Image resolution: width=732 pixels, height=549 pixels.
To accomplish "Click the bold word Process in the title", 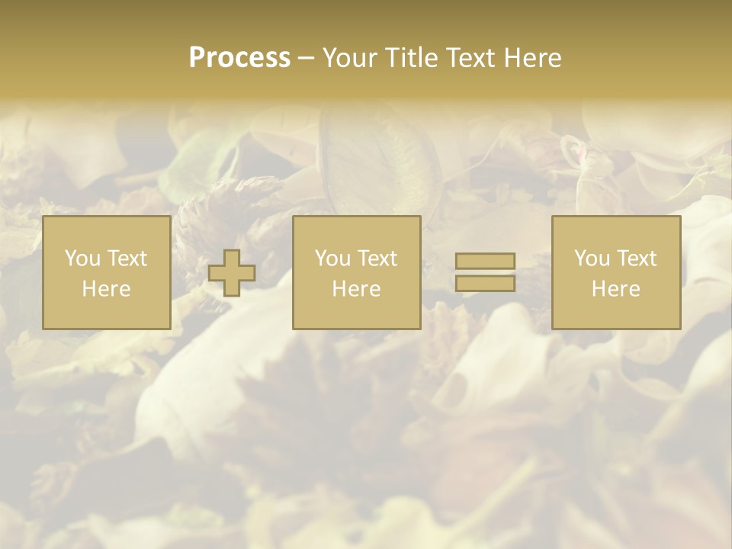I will (x=239, y=58).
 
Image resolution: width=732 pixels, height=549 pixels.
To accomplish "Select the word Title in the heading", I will (x=410, y=58).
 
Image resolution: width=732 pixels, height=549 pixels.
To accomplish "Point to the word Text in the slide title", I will (x=471, y=58).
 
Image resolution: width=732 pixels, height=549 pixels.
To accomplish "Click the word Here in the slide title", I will (x=533, y=58).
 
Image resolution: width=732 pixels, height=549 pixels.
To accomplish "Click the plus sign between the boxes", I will (x=232, y=272).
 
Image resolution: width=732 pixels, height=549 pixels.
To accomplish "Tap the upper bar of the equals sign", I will (x=485, y=261).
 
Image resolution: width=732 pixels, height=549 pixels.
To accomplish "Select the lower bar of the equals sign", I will (x=485, y=283).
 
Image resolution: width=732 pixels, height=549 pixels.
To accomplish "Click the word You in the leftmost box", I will (x=82, y=258).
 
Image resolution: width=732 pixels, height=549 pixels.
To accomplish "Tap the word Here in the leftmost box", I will (x=107, y=289).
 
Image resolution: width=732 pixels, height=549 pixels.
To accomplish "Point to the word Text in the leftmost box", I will (x=127, y=258).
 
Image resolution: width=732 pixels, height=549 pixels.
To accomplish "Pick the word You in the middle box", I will (x=332, y=258).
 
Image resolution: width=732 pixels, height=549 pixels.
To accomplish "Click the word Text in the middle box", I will (x=377, y=258).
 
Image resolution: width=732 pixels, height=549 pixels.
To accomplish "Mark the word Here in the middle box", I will (x=357, y=289).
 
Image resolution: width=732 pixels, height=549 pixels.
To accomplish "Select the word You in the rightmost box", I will (x=592, y=258).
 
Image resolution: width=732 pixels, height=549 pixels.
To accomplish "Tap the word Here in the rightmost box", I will (x=616, y=289).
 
